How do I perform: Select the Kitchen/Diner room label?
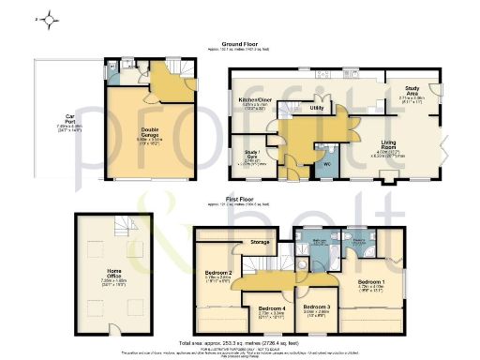point(255,100)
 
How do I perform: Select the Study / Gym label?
point(251,154)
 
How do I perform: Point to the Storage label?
point(259,242)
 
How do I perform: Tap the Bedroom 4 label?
point(271,308)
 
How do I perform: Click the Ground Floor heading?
point(246,43)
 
